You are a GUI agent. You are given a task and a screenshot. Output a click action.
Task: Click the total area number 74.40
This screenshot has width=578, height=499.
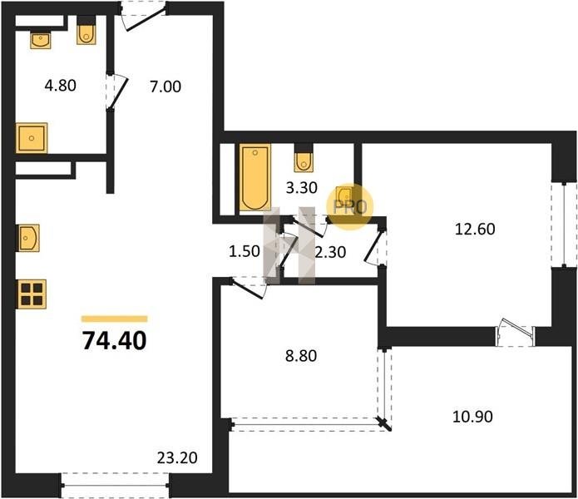pos(114,340)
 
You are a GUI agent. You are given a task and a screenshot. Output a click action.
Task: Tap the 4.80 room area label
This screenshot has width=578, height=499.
pos(61,86)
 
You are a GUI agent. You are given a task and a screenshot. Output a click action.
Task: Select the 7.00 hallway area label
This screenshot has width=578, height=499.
pos(165,86)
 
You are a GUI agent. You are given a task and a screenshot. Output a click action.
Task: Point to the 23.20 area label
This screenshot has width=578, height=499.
pos(177,457)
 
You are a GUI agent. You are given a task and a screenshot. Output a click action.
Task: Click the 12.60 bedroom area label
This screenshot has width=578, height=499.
pos(475,230)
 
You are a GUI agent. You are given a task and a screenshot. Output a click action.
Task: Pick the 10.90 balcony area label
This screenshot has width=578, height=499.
pos(472,417)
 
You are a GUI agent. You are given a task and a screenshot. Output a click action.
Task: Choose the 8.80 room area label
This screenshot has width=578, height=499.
pos(301,356)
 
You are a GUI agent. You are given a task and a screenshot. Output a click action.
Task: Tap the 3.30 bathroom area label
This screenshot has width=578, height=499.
pos(302,188)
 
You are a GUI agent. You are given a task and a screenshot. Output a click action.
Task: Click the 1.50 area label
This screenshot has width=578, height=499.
pos(245,251)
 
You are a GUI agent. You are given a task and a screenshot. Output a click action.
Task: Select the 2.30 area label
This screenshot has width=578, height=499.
pos(331,253)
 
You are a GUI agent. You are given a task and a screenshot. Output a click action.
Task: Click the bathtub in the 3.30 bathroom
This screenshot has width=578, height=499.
pos(255,178)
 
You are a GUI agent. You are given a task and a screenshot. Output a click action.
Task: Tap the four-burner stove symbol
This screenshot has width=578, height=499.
pos(32,294)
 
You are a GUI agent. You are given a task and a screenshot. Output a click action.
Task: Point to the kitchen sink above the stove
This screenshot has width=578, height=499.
pos(28,238)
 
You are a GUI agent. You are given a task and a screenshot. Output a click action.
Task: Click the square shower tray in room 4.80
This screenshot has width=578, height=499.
pos(32,138)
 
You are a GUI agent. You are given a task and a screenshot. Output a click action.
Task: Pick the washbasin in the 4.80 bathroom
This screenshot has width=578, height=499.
pos(41,41)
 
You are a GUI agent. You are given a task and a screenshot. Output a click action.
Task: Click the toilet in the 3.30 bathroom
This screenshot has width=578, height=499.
pos(304,161)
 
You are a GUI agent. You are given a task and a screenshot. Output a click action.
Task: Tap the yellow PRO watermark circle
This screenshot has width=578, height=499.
pos(350,207)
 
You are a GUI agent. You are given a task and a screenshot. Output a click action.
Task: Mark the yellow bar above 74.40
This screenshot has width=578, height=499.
pos(115,319)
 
